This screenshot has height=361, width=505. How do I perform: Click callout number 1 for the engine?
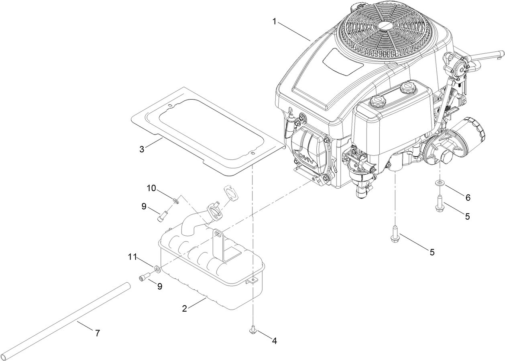click(x=275, y=22)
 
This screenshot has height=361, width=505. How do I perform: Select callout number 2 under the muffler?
click(x=184, y=309)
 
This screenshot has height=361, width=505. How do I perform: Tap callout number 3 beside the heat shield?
click(x=142, y=149)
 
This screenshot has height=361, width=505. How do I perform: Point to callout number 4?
click(x=275, y=341)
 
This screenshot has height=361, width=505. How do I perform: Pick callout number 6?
click(x=468, y=198)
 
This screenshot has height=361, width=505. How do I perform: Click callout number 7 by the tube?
click(x=97, y=333)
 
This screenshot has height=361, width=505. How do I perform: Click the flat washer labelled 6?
click(x=440, y=184)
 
